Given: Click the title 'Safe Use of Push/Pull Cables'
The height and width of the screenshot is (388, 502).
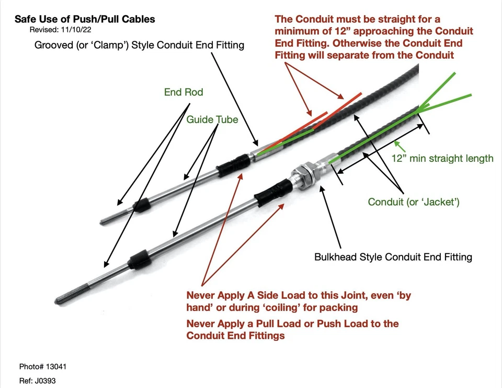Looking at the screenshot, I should point(85,19).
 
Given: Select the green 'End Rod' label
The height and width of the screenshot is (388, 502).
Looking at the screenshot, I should point(183,93).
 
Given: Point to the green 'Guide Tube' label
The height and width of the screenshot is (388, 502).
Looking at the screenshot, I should point(212,120).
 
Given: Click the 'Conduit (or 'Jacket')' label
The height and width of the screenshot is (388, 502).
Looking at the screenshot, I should point(414,202).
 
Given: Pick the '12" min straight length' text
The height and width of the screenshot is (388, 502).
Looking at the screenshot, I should point(442,158).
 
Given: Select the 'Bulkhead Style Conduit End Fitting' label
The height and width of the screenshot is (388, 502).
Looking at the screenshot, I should point(393,257).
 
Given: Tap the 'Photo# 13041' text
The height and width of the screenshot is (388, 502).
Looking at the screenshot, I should point(42,367).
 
